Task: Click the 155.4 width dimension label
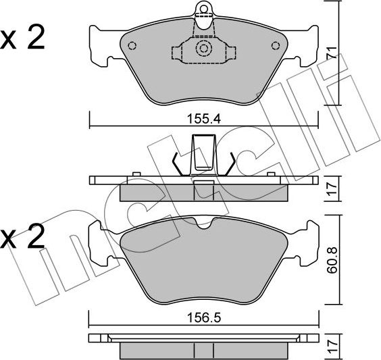[x=204, y=119]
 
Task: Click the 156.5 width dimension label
[x=204, y=317]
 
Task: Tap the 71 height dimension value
[x=332, y=53]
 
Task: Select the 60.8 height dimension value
[x=332, y=259]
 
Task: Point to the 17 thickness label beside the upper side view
[x=332, y=188]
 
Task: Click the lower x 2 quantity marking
[x=22, y=236]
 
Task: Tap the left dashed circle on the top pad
[x=132, y=46]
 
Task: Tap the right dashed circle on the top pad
[x=276, y=46]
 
